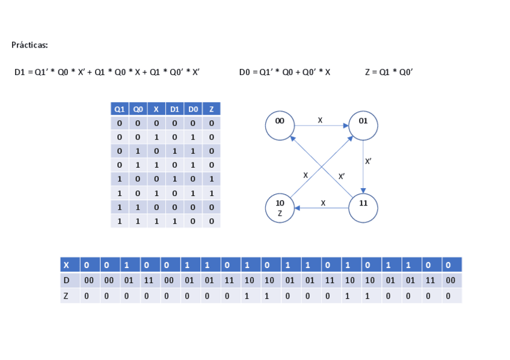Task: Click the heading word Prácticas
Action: (x=29, y=45)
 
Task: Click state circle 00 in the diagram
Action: (x=280, y=125)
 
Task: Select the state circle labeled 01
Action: (x=363, y=125)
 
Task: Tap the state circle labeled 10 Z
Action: (x=280, y=208)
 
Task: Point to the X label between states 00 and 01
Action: (x=320, y=121)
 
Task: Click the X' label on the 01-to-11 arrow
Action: (x=368, y=162)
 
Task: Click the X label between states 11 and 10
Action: (x=323, y=203)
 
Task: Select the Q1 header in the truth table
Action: (x=120, y=109)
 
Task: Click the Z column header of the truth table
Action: (x=211, y=109)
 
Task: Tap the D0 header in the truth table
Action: (x=193, y=109)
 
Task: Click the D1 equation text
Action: (x=107, y=73)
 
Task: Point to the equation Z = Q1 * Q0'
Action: (x=389, y=73)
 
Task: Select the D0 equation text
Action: (x=284, y=73)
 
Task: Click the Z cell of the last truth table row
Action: (x=211, y=221)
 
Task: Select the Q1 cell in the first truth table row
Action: (x=120, y=124)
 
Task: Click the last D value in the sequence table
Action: (x=451, y=280)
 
